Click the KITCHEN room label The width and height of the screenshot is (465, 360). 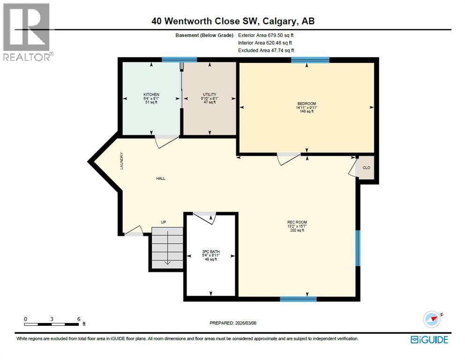(x=151, y=95)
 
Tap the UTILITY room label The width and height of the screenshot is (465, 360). (x=210, y=95)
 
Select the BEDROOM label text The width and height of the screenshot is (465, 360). (x=307, y=104)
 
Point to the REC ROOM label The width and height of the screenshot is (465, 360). (x=297, y=222)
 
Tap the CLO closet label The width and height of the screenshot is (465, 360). (x=367, y=168)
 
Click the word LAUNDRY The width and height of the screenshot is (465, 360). (x=122, y=160)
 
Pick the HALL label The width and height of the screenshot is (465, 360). (x=161, y=179)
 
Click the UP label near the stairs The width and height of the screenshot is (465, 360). (x=164, y=222)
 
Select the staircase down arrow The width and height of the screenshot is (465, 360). (x=168, y=261)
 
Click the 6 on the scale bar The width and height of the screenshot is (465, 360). (x=78, y=319)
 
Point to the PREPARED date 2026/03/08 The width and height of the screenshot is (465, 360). (x=232, y=323)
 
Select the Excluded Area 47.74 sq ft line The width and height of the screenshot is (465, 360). (x=266, y=51)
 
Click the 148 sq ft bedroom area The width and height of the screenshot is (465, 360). (x=307, y=112)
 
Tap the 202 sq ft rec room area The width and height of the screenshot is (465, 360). (x=297, y=230)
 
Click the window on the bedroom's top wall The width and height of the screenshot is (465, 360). (x=310, y=60)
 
